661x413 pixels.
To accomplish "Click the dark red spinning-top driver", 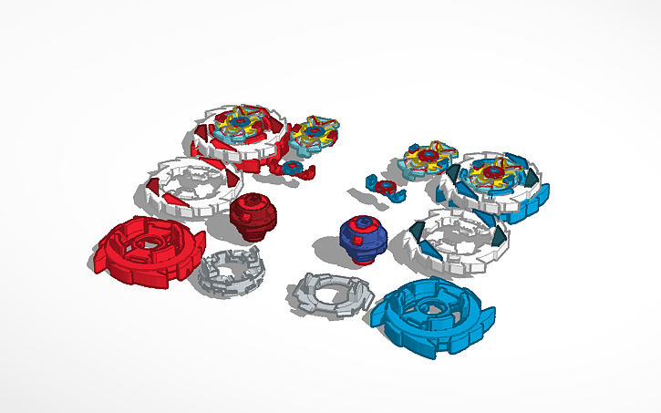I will (x=247, y=217).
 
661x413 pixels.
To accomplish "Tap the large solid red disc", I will (x=146, y=250).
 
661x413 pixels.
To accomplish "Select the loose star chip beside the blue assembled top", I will (x=427, y=160).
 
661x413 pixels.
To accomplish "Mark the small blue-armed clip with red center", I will (x=384, y=189).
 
